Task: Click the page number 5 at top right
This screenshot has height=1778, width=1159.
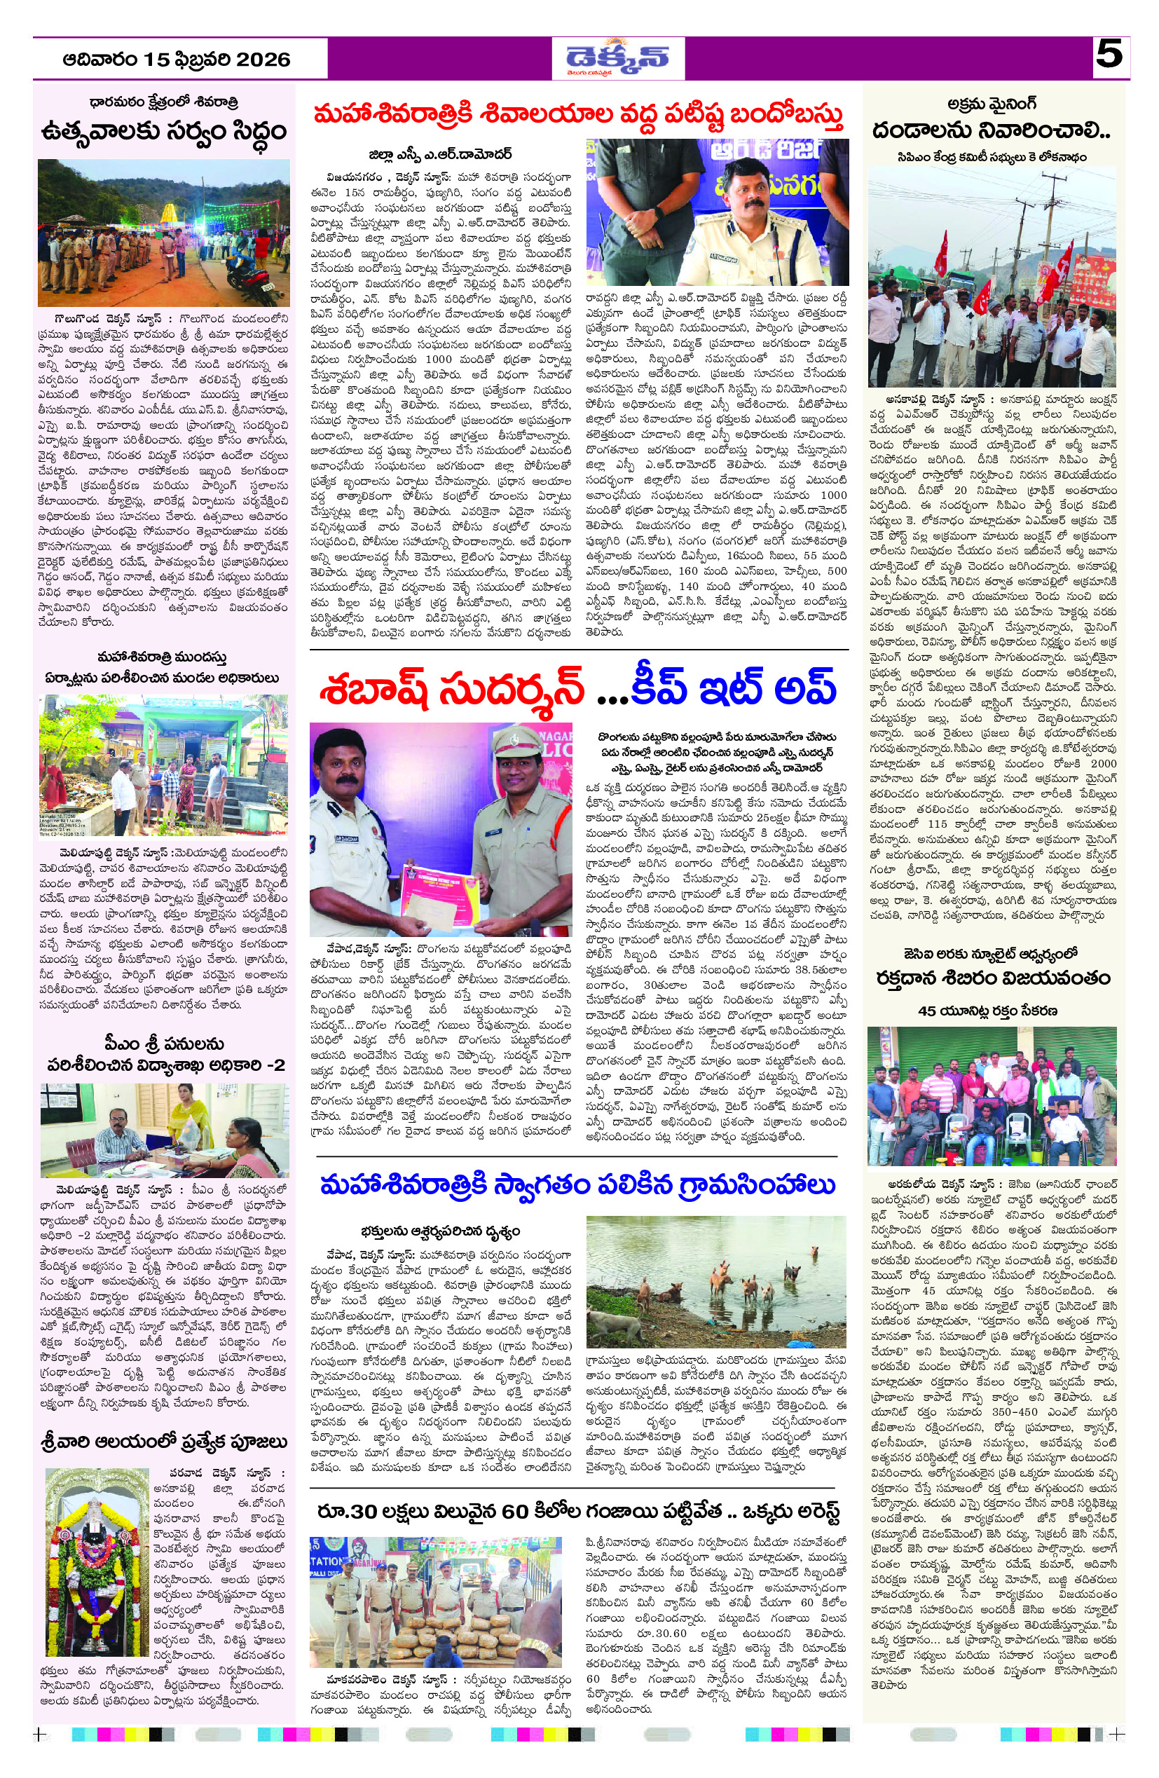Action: [1110, 55]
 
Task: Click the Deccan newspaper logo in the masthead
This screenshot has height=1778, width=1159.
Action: [617, 58]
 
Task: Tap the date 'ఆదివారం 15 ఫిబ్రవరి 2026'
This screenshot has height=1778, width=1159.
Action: [177, 60]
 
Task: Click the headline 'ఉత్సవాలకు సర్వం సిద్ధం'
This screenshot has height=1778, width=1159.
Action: [163, 132]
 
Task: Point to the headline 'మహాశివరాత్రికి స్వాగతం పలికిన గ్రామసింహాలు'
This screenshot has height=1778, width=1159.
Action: [577, 1186]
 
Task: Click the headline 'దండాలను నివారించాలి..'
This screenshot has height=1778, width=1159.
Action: [991, 131]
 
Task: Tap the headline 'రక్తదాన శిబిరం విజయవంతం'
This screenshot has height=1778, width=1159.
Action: [993, 978]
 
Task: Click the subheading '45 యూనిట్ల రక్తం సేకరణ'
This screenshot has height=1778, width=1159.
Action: [987, 1011]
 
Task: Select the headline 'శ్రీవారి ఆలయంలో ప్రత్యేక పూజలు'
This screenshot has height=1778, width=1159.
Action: [163, 1442]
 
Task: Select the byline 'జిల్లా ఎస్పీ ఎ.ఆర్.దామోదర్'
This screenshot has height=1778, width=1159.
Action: [440, 156]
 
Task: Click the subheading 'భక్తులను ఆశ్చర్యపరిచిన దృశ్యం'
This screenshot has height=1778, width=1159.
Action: [440, 1231]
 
